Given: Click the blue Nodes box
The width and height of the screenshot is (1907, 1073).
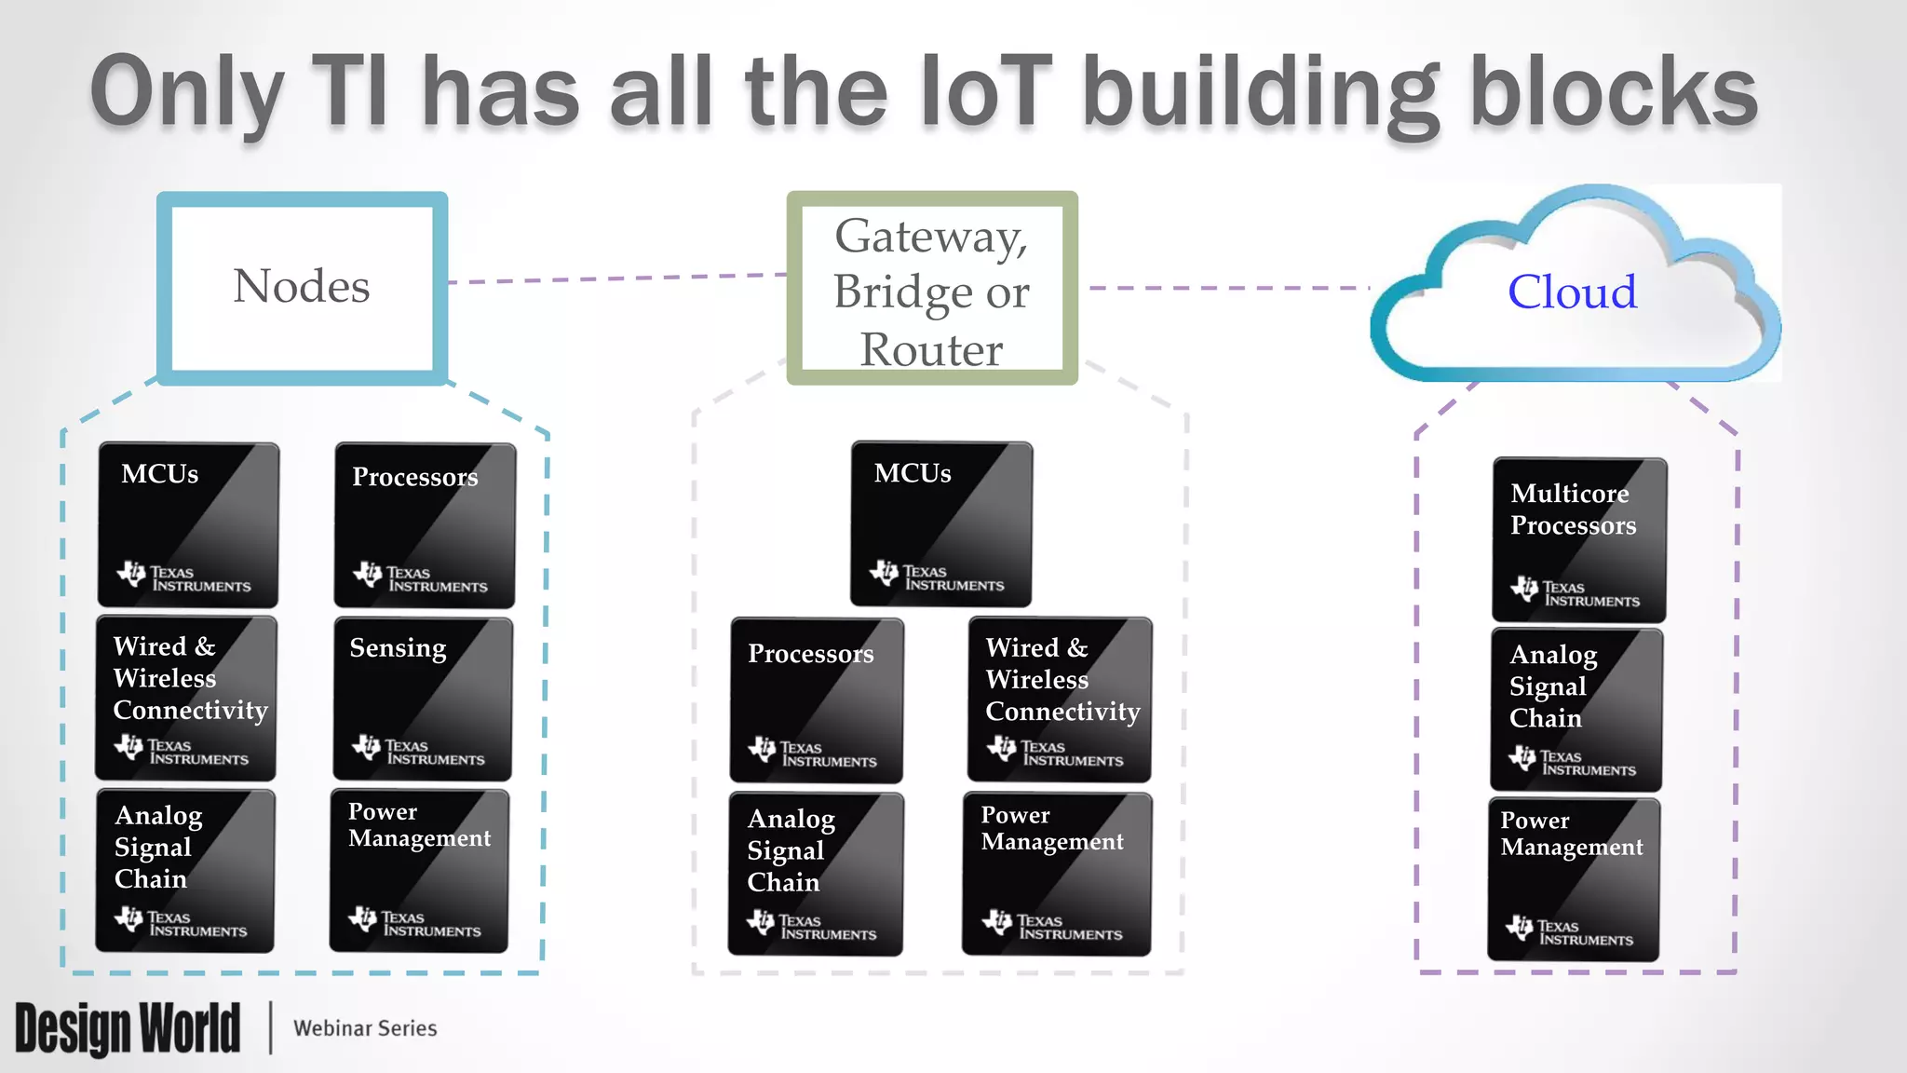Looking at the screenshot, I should (302, 287).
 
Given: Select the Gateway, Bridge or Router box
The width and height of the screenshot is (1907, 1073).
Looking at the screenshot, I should (931, 289).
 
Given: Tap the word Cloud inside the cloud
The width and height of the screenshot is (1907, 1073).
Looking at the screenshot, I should (1572, 292).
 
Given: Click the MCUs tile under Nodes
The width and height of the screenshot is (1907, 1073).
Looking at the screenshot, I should (188, 524).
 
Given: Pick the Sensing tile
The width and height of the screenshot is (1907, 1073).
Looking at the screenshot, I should (423, 699).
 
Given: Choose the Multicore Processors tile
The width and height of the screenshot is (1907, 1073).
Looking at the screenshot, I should (1578, 539).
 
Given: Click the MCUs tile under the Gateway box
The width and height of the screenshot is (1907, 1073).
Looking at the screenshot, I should (940, 523).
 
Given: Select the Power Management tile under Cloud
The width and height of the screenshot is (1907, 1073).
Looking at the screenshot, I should (1574, 878).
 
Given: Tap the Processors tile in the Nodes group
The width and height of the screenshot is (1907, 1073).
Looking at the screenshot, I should (425, 525).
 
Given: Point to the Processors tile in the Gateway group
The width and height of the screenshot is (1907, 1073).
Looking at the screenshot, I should (816, 699).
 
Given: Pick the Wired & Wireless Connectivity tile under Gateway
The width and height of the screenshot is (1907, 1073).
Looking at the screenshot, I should (1060, 699).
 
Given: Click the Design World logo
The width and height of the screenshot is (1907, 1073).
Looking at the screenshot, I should (128, 1028).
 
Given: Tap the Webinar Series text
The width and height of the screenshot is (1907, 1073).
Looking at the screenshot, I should (365, 1028).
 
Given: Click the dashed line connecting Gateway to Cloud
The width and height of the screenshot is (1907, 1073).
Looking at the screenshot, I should (1227, 288).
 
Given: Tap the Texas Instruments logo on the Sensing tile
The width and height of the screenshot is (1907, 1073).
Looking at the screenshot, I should (418, 750).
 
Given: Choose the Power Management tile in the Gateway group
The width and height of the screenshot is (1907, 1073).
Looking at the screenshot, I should (1056, 874).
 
